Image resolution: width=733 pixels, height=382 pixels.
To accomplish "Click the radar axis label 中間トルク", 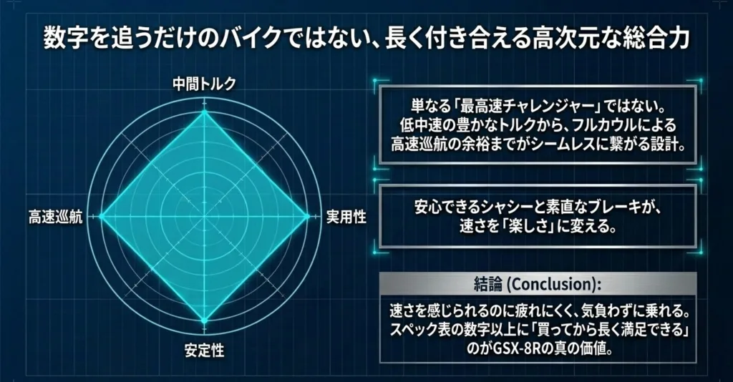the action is click(x=204, y=84).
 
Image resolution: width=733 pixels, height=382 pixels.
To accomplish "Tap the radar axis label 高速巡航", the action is click(x=55, y=217).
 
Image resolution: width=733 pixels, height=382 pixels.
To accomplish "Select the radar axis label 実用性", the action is click(x=346, y=217).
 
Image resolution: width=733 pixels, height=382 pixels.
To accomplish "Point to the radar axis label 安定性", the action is click(x=204, y=351).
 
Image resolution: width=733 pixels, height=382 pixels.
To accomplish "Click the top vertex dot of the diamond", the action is click(x=204, y=112).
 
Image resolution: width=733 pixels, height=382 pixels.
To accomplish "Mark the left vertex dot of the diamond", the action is click(x=102, y=216).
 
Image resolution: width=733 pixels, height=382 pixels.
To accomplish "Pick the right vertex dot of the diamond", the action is click(x=307, y=216).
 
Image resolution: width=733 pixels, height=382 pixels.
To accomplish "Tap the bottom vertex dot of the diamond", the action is click(x=204, y=320).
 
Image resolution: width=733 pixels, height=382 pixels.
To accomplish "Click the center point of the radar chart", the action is click(x=204, y=216).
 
